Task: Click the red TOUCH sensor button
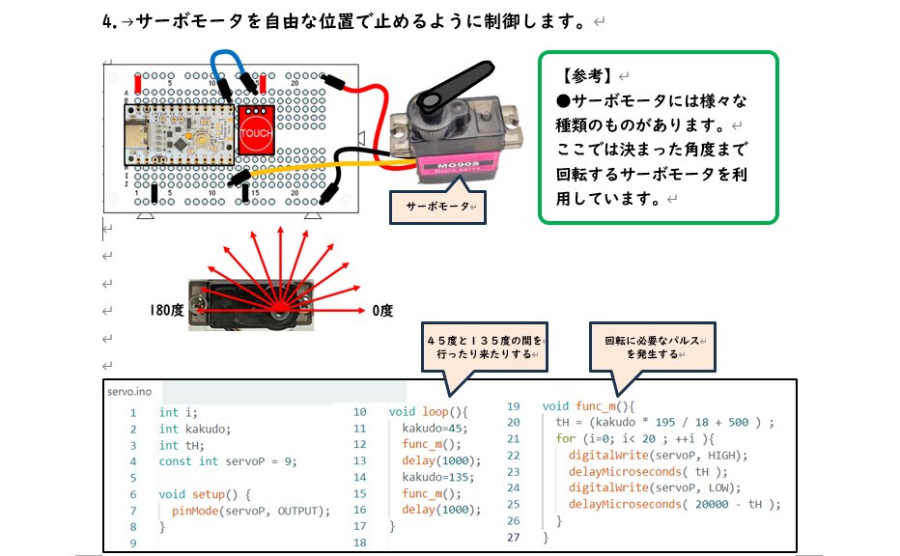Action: point(256,132)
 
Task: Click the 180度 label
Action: point(166,311)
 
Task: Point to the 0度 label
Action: point(382,311)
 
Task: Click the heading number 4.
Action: point(107,20)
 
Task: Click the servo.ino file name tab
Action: point(129,391)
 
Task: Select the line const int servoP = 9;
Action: point(228,460)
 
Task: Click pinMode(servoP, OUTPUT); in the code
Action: point(251,511)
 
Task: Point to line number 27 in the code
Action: point(513,537)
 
